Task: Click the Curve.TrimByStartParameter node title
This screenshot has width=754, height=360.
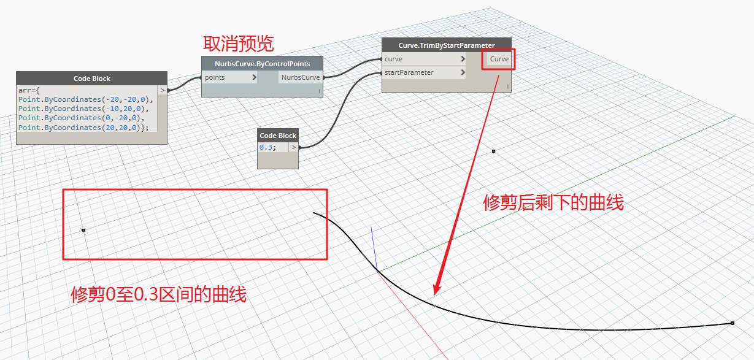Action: [x=447, y=45]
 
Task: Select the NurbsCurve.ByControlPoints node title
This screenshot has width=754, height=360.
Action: [x=262, y=64]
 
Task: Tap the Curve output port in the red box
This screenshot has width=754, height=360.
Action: [x=499, y=59]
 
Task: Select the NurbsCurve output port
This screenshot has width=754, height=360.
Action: [x=300, y=77]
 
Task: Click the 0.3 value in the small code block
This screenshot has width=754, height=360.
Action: [x=267, y=147]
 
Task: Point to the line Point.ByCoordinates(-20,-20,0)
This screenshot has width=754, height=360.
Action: [x=85, y=99]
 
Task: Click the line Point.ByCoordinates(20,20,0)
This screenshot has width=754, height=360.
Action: [x=83, y=128]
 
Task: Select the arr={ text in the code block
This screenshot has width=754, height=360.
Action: [x=29, y=90]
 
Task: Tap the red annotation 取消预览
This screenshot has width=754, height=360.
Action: [x=238, y=44]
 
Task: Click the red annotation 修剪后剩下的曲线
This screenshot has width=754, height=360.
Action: [x=553, y=202]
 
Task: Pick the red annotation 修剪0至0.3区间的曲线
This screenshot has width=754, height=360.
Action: [x=158, y=295]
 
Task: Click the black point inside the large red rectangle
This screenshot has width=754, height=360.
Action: [x=83, y=230]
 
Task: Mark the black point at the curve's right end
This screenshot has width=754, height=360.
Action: [x=733, y=323]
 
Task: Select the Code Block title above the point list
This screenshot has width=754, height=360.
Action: [x=92, y=79]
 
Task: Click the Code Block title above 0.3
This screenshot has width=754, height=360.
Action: [x=278, y=136]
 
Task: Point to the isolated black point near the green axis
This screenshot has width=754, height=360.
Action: [x=493, y=151]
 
